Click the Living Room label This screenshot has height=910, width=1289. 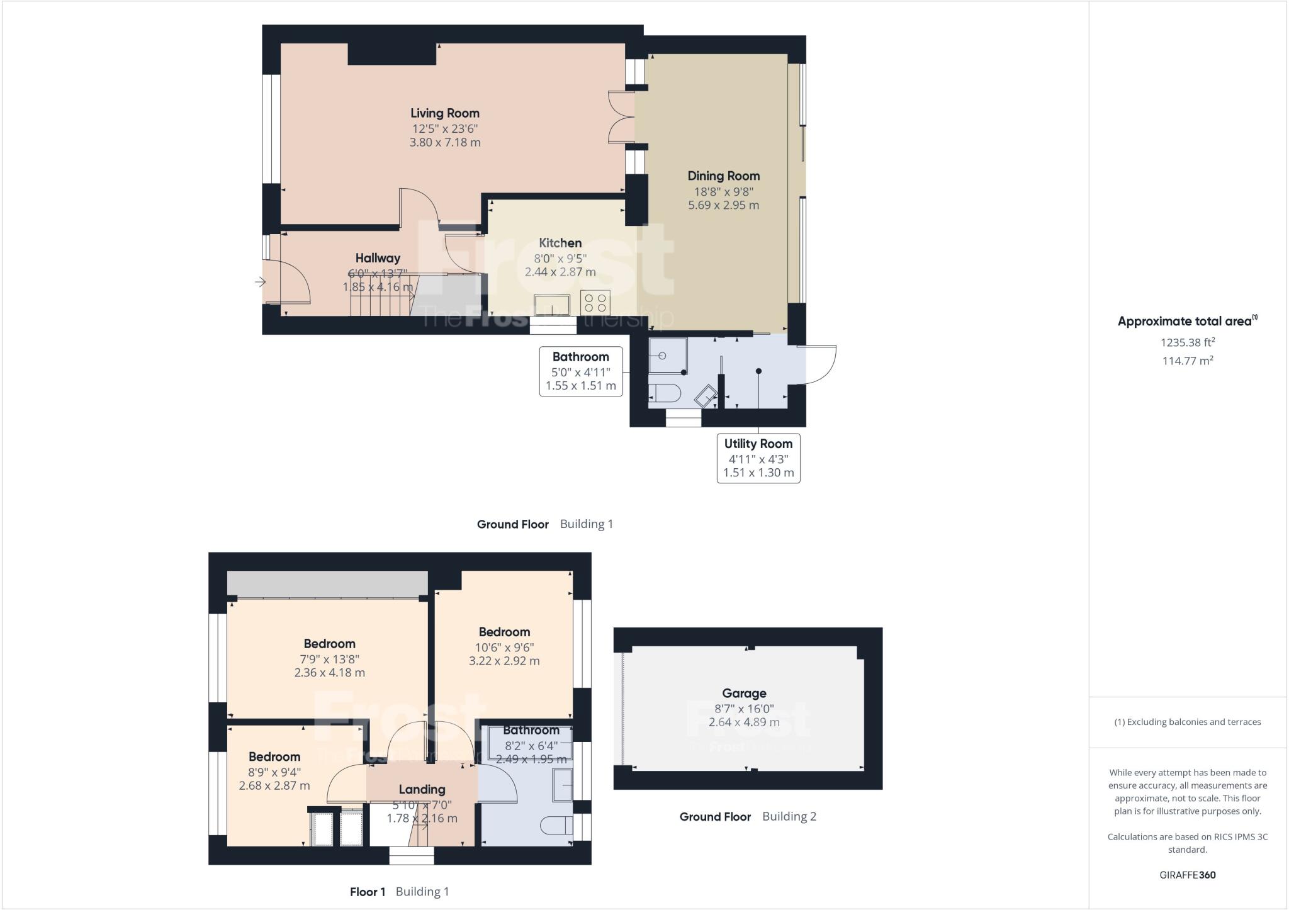tap(445, 113)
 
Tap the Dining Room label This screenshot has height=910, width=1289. tap(723, 176)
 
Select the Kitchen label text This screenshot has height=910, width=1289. tap(560, 243)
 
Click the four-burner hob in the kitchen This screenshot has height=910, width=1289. tap(595, 303)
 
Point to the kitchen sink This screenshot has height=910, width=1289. tap(553, 305)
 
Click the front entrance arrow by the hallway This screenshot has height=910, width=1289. tap(260, 283)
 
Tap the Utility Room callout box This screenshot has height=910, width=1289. tap(758, 458)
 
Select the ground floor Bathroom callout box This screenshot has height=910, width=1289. tap(581, 371)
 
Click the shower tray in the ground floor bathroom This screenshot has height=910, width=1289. tap(667, 356)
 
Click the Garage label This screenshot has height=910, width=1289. tap(744, 694)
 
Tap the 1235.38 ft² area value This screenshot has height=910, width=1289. tap(1188, 343)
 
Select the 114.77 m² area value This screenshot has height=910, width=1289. tap(1188, 361)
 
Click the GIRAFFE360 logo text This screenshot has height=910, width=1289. tap(1188, 875)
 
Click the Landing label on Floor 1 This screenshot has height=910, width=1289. tap(422, 790)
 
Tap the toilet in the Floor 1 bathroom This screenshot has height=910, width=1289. tap(557, 824)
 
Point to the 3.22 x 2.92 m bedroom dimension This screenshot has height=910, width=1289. tap(504, 661)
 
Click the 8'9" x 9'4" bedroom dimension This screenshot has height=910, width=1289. tap(274, 772)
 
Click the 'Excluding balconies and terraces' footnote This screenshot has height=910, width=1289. tap(1188, 722)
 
